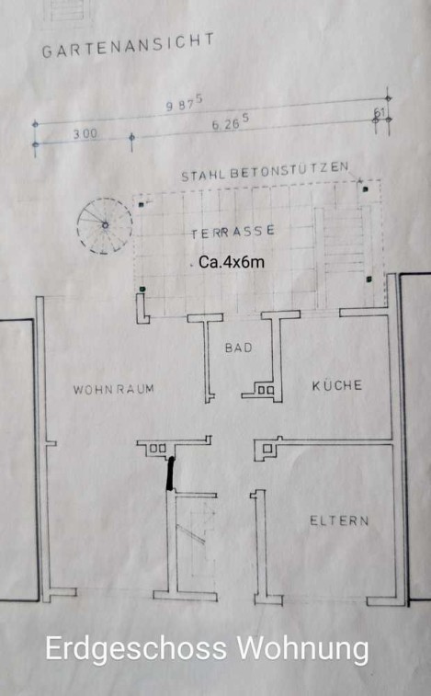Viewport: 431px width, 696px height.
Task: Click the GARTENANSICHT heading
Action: point(128,46)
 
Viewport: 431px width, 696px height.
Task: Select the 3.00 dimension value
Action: point(85,133)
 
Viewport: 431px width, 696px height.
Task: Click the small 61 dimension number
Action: point(380,113)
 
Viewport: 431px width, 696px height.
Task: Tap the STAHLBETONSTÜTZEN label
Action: point(265,172)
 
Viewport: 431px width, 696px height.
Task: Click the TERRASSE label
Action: point(233,232)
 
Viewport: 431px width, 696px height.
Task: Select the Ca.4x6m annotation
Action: point(232,262)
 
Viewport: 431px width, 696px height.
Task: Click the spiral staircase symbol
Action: point(105,225)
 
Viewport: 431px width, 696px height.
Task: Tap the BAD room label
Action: point(238,348)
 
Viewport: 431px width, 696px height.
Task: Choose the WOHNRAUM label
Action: point(114,390)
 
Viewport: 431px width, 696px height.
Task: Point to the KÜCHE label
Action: point(337,385)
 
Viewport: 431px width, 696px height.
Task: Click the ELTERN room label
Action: point(339,520)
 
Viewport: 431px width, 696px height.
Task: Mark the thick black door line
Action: point(170,474)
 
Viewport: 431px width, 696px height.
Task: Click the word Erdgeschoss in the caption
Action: point(135,650)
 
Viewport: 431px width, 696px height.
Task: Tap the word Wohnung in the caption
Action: point(302,650)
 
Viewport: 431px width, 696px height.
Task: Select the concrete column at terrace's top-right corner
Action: point(366,189)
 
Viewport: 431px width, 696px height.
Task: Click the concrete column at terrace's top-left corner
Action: point(141,205)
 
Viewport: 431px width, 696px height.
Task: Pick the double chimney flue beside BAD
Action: point(266,390)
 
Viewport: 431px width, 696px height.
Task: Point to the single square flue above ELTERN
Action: point(267,449)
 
